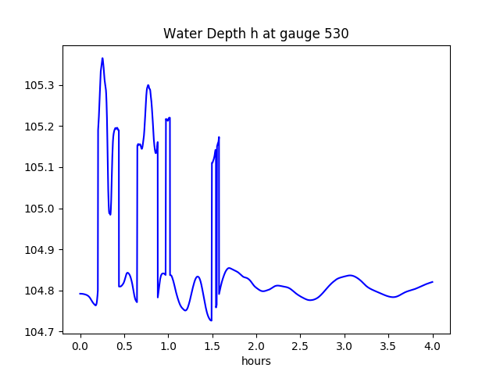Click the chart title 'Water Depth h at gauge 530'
click(255, 34)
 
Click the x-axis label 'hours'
click(255, 362)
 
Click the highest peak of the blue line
click(102, 58)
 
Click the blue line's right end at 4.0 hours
click(433, 282)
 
